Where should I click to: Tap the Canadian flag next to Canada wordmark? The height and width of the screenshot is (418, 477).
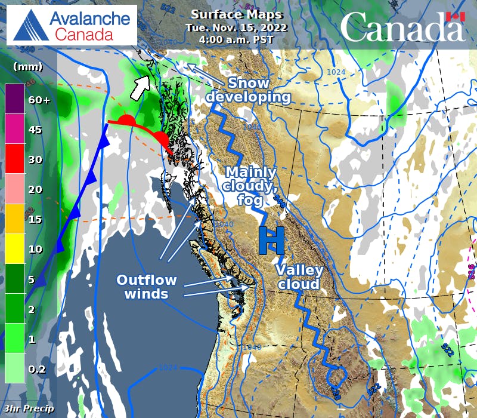(456, 17)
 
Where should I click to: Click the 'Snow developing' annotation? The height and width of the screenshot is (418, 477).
(249, 90)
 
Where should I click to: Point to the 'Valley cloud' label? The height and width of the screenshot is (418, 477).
(297, 277)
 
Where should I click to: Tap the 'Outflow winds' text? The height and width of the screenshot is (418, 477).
(146, 287)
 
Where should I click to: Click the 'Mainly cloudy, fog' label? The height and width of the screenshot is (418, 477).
(250, 186)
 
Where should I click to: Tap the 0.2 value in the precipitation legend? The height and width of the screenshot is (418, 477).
(37, 369)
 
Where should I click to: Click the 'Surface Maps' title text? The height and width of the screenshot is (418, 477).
(237, 15)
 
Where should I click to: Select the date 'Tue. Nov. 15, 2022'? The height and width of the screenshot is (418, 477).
(237, 27)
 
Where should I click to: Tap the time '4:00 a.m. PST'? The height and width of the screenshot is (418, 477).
(237, 40)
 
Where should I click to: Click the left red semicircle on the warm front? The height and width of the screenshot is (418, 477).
(126, 121)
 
